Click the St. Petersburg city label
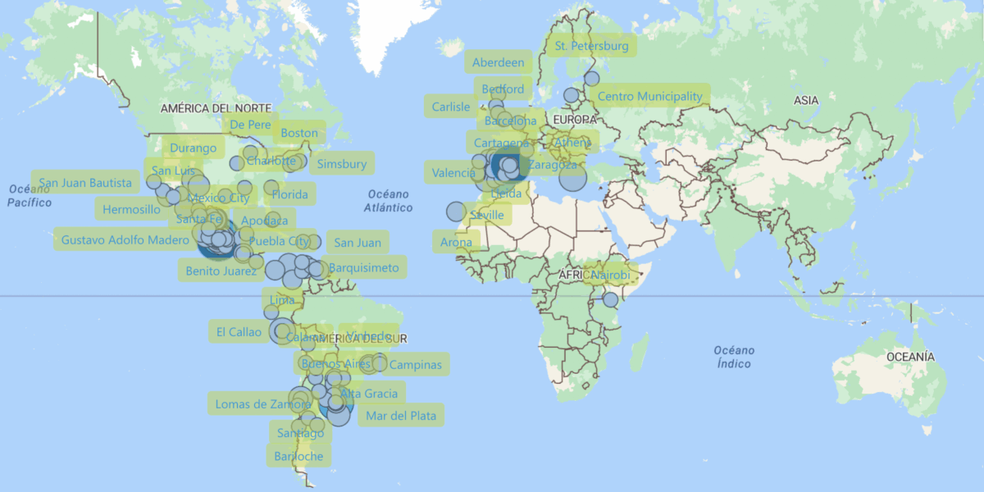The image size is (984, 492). pyautogui.click(x=591, y=46)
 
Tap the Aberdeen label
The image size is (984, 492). pyautogui.click(x=498, y=62)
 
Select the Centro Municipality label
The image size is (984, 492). pyautogui.click(x=649, y=96)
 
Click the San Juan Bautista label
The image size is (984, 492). pyautogui.click(x=85, y=182)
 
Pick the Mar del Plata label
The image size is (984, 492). pyautogui.click(x=401, y=416)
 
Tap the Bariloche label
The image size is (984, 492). pyautogui.click(x=298, y=456)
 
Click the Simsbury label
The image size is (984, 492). pyautogui.click(x=342, y=164)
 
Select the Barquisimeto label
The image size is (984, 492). pyautogui.click(x=364, y=267)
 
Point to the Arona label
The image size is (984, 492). pyautogui.click(x=456, y=242)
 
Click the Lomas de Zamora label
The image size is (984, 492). pyautogui.click(x=262, y=403)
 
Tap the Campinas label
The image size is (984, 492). pyautogui.click(x=415, y=365)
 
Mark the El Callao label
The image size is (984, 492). pyautogui.click(x=239, y=332)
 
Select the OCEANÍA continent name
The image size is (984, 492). pyautogui.click(x=909, y=357)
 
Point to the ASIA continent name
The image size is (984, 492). pyautogui.click(x=806, y=100)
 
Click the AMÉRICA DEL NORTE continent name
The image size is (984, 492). pyautogui.click(x=216, y=108)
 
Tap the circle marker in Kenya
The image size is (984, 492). pyautogui.click(x=610, y=300)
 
